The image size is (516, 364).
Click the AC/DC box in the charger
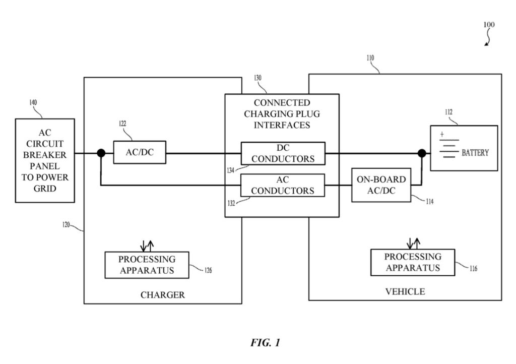pyautogui.click(x=139, y=153)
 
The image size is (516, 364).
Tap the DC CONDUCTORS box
pyautogui.click(x=283, y=153)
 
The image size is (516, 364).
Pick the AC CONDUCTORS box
pyautogui.click(x=283, y=185)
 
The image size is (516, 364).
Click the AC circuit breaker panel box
pyautogui.click(x=45, y=160)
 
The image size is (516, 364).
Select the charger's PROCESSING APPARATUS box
pyautogui.click(x=147, y=265)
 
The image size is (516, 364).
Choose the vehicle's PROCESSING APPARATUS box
pyautogui.click(x=413, y=262)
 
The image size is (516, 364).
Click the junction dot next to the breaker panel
pyautogui.click(x=101, y=153)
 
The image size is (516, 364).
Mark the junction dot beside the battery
pyautogui.click(x=421, y=153)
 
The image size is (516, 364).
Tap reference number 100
pyautogui.click(x=489, y=24)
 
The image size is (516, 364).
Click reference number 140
pyautogui.click(x=33, y=102)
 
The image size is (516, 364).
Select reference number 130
pyautogui.click(x=258, y=78)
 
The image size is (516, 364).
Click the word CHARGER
pyautogui.click(x=162, y=295)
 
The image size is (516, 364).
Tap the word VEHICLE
pyautogui.click(x=405, y=291)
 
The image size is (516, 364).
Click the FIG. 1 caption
pyautogui.click(x=265, y=343)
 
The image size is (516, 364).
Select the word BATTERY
pyautogui.click(x=475, y=153)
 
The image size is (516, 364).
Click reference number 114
pyautogui.click(x=430, y=201)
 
